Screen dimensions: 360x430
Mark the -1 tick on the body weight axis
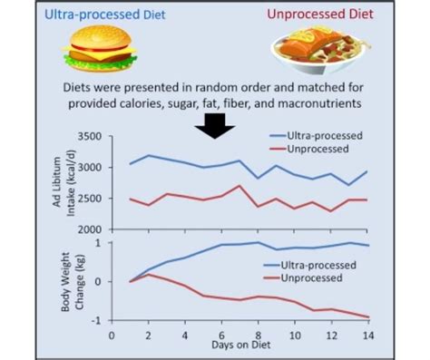98,320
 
